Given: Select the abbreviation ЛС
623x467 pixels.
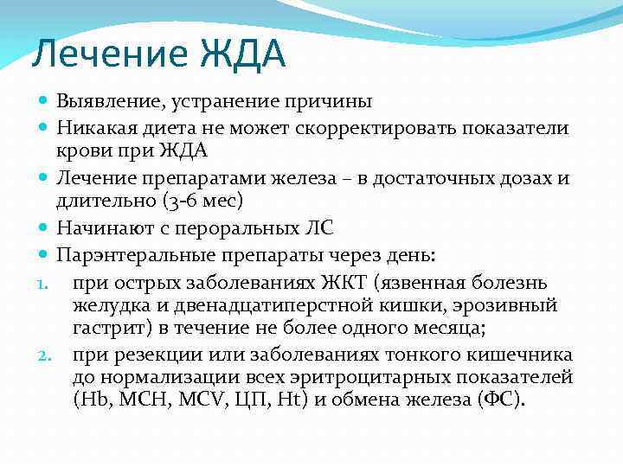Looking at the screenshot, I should click(318, 229).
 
